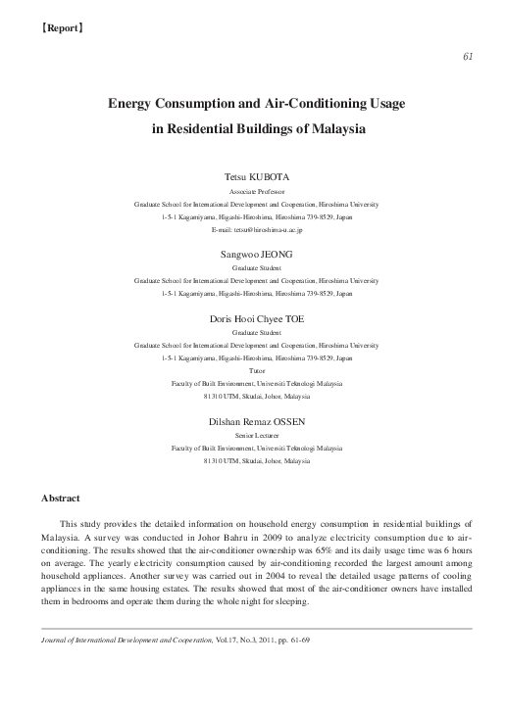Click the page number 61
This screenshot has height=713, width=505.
pos(468,56)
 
